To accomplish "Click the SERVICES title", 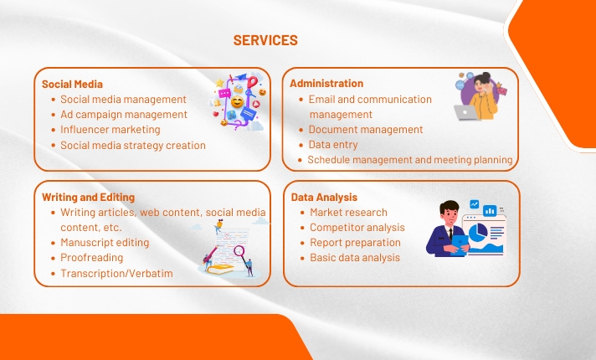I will coord(265,40).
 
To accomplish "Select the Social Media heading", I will coord(73,84).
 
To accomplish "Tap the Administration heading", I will coord(326,84).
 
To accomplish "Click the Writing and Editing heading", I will coord(88,198).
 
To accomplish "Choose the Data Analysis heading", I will coord(324,198).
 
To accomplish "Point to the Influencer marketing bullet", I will coord(110,130).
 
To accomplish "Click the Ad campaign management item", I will coord(123,115).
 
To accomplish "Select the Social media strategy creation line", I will coord(132,145).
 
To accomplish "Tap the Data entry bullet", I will coord(333,145).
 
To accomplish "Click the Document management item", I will coord(365,130).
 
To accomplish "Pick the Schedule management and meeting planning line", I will coord(409,160).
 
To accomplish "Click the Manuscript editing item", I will coord(105,243).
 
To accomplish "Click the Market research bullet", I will coord(348,213).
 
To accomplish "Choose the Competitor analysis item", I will coord(357,228).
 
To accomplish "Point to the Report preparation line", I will coord(355,243).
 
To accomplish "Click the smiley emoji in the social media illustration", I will coord(238,103).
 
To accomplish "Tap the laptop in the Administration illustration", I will coord(466,111).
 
